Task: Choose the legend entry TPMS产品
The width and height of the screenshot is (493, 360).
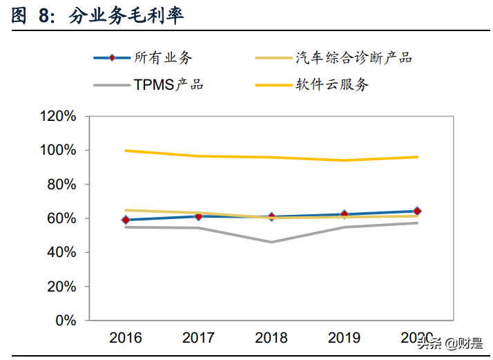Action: click(x=168, y=85)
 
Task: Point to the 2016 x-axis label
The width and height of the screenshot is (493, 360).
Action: click(x=126, y=338)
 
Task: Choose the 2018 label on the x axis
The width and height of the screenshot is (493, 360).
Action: click(x=271, y=338)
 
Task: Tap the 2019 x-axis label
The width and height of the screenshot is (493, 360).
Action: click(x=344, y=338)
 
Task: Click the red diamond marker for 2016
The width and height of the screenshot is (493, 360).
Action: click(x=126, y=220)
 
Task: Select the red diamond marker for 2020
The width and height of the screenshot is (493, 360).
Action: click(x=417, y=211)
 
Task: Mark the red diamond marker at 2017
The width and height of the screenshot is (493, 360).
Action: click(x=199, y=216)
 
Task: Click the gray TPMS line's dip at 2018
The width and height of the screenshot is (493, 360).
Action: click(x=271, y=242)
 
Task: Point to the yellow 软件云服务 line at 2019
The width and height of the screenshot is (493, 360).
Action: click(x=344, y=160)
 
